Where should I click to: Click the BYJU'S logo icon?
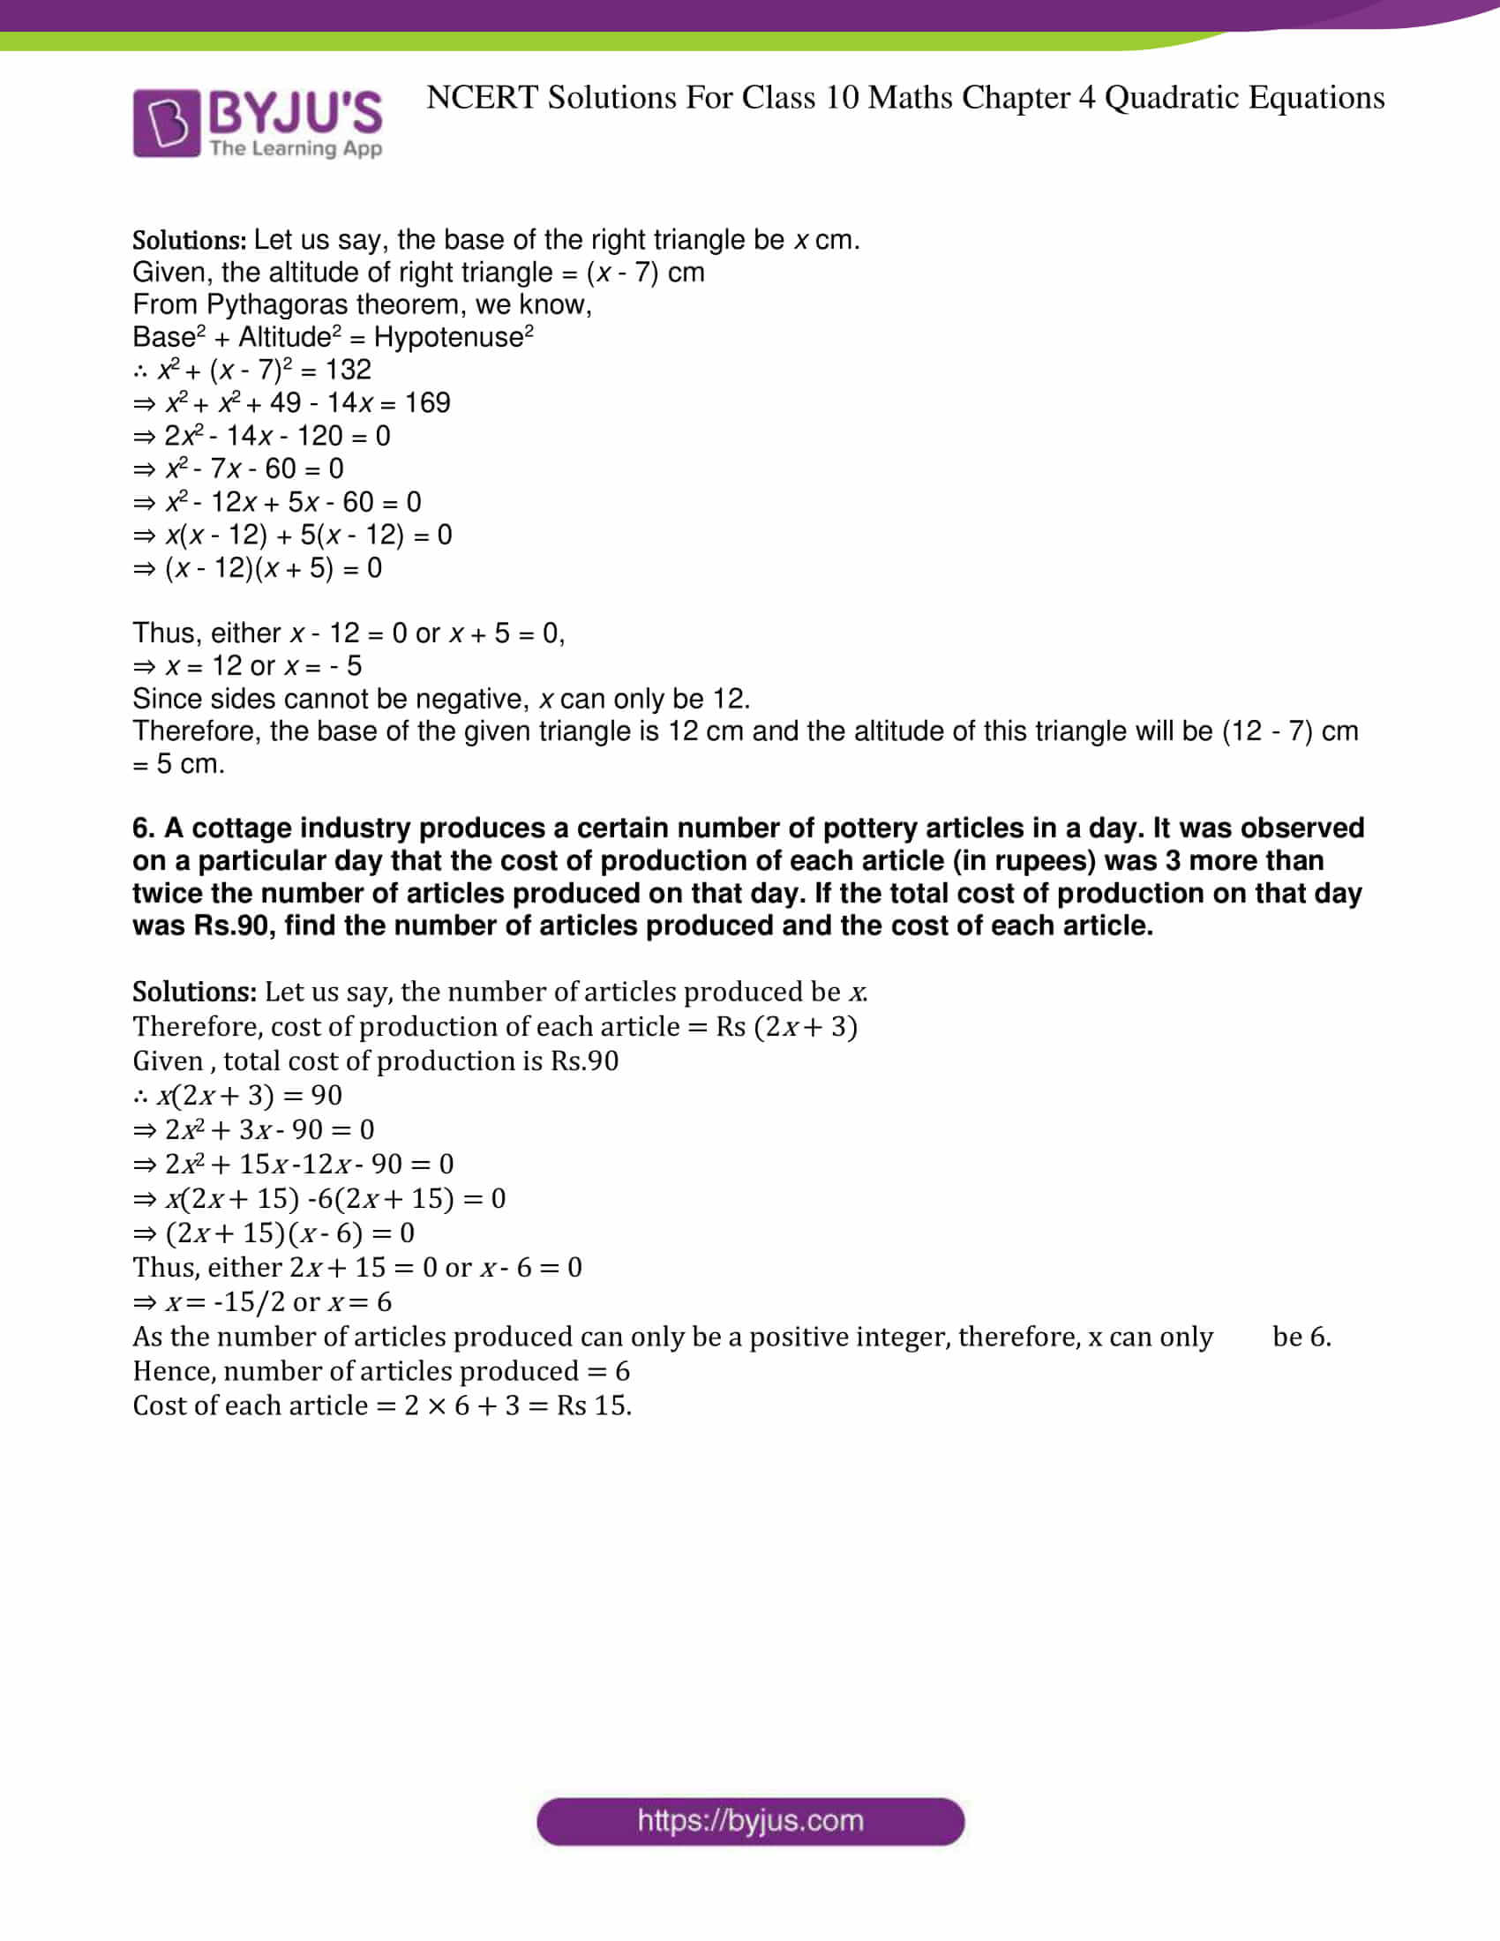166,123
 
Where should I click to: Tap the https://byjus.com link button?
750,1821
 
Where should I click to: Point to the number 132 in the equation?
349,370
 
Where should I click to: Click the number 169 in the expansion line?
427,403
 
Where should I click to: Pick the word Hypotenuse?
449,338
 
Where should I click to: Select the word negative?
473,699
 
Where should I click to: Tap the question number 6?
143,828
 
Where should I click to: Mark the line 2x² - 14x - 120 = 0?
262,437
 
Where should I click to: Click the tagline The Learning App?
296,148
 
